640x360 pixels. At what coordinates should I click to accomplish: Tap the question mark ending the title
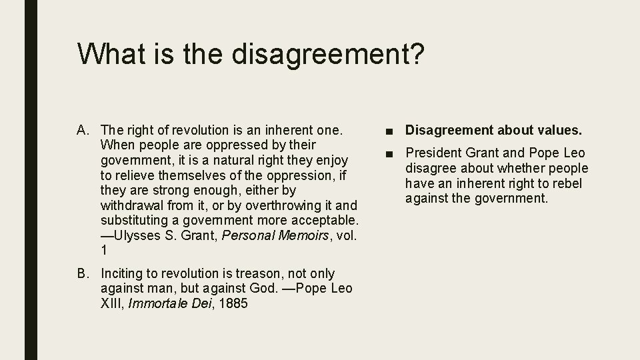point(414,53)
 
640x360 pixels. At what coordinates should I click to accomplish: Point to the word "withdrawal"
point(131,205)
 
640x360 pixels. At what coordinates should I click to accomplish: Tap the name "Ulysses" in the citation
point(137,235)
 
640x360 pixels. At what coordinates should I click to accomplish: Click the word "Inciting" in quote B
point(122,274)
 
